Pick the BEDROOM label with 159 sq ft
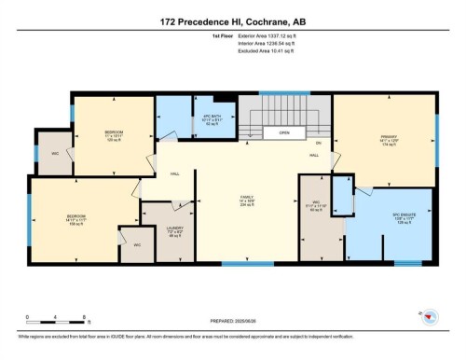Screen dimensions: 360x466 pos(76,218)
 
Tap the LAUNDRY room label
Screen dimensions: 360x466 pos(174,230)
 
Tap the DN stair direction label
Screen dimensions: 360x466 pos(318,142)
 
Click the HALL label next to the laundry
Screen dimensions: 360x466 pos(175,173)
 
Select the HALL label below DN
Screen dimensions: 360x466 pos(314,154)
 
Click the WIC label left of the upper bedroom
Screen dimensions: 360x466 pos(55,153)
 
